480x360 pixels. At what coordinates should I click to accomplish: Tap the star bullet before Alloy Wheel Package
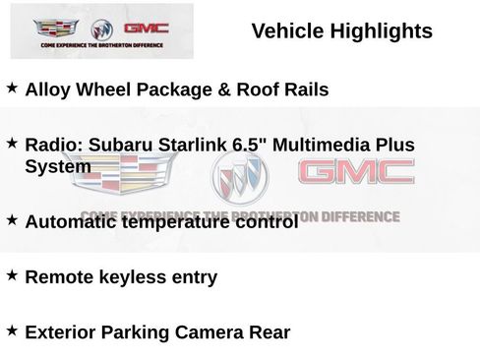(12, 89)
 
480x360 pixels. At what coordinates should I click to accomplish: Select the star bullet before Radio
(12, 144)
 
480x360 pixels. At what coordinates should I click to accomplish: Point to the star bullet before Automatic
(12, 220)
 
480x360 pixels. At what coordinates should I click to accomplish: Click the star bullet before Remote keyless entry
(12, 275)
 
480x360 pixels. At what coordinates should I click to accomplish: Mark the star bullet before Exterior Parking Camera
(12, 330)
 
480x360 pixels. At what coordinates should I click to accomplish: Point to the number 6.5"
(250, 145)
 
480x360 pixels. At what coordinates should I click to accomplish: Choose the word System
(58, 166)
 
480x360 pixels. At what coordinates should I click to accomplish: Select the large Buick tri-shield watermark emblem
(239, 180)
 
